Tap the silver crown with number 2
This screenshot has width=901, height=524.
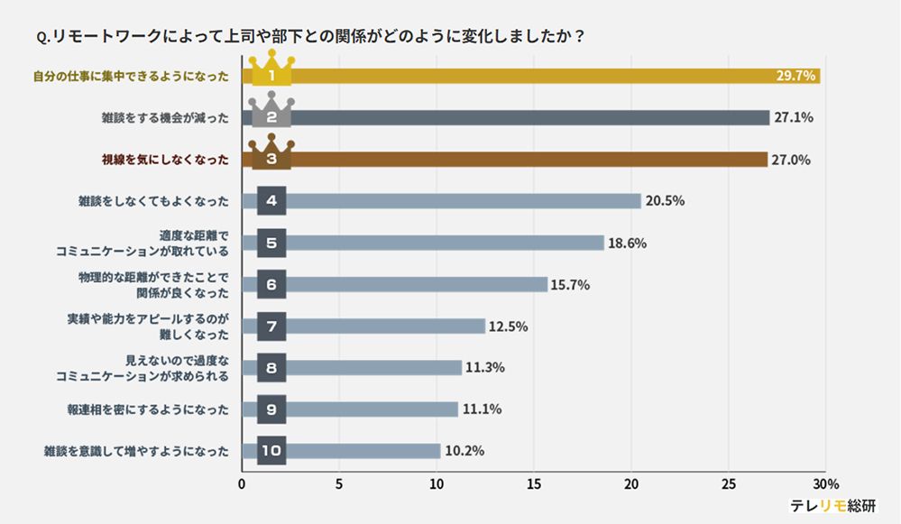point(271,113)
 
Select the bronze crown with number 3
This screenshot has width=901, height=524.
point(271,154)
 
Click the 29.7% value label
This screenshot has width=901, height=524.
point(795,76)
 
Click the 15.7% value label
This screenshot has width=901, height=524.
point(570,285)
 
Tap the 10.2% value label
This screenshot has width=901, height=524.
point(463,451)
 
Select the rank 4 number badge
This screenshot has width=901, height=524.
point(271,201)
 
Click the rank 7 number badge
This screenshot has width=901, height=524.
point(271,326)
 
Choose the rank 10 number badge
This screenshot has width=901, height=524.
point(271,451)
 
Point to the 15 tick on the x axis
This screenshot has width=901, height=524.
point(534,483)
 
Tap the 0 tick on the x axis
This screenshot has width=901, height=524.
point(242,483)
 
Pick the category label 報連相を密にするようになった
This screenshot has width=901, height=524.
point(148,409)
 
